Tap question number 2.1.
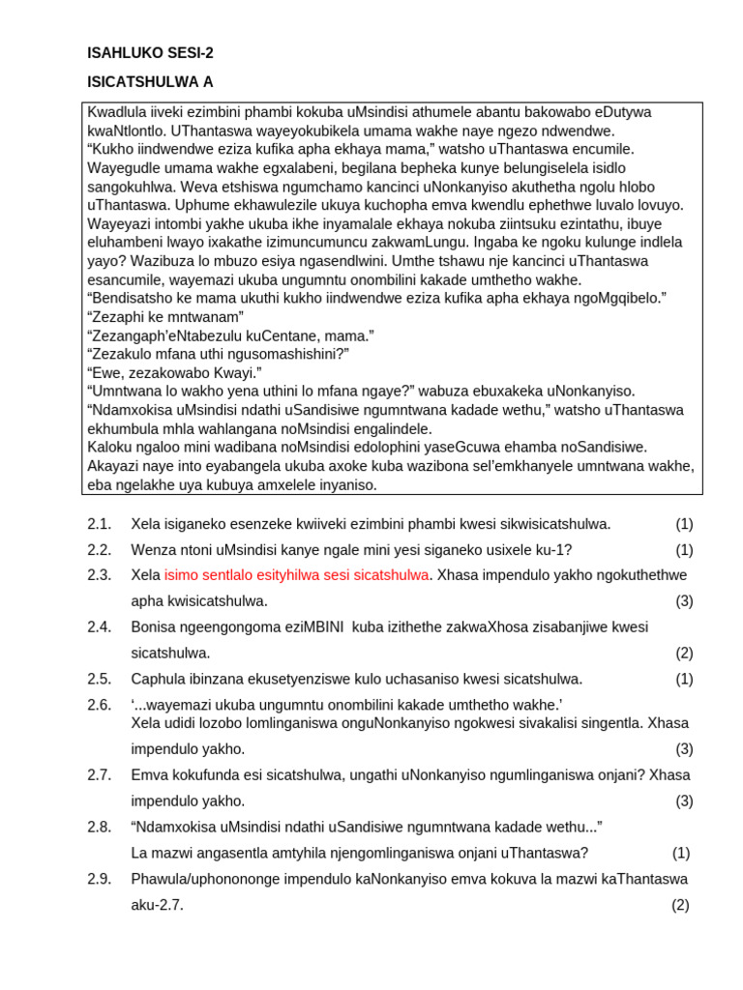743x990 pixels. point(100,524)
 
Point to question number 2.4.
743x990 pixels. point(100,626)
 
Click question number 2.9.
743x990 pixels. point(100,879)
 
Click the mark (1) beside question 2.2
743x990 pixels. point(684,549)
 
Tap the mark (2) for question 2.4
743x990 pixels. point(684,653)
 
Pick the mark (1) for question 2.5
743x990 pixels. point(684,679)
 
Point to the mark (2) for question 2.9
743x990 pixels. point(680,905)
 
